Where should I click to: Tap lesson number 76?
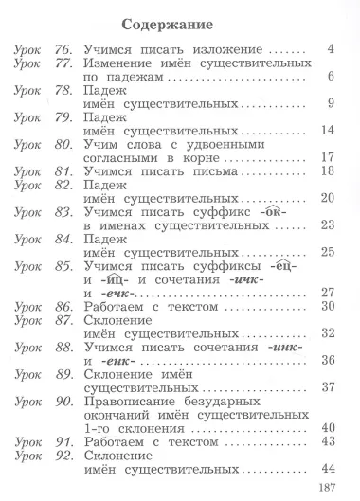coord(63,48)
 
